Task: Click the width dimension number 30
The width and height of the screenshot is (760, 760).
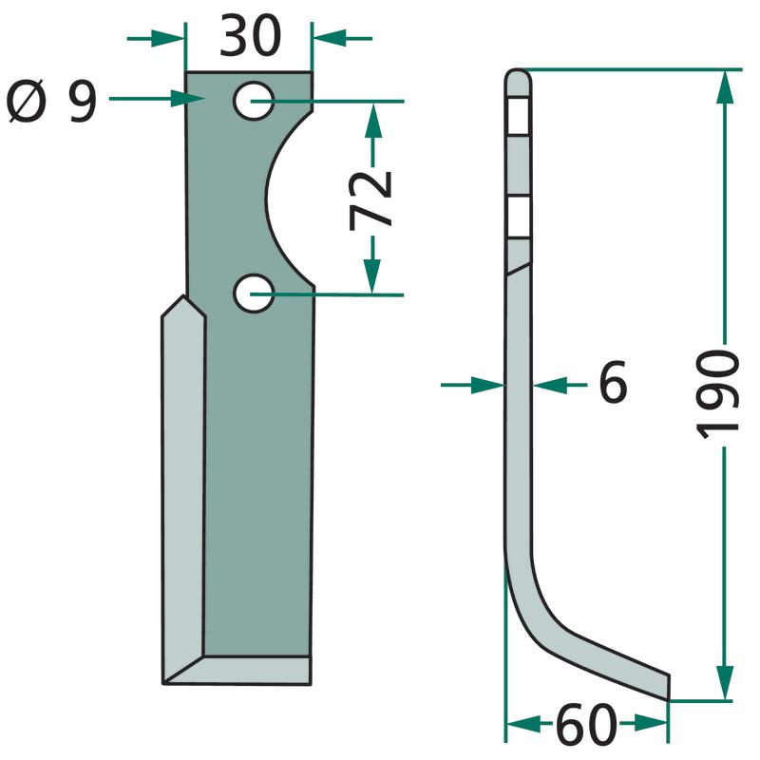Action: tap(250, 35)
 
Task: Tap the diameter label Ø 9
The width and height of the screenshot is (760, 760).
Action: tap(52, 101)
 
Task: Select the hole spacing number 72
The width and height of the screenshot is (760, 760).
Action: tap(370, 200)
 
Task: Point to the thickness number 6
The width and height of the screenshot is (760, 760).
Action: tap(613, 382)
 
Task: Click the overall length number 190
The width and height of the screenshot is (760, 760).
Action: tap(717, 394)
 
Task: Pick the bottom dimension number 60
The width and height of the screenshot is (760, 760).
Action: tap(586, 726)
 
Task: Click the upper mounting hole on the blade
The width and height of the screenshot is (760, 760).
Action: tap(254, 101)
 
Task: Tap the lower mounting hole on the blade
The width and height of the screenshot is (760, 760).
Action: tap(254, 294)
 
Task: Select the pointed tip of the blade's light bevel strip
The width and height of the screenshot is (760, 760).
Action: tap(183, 296)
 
